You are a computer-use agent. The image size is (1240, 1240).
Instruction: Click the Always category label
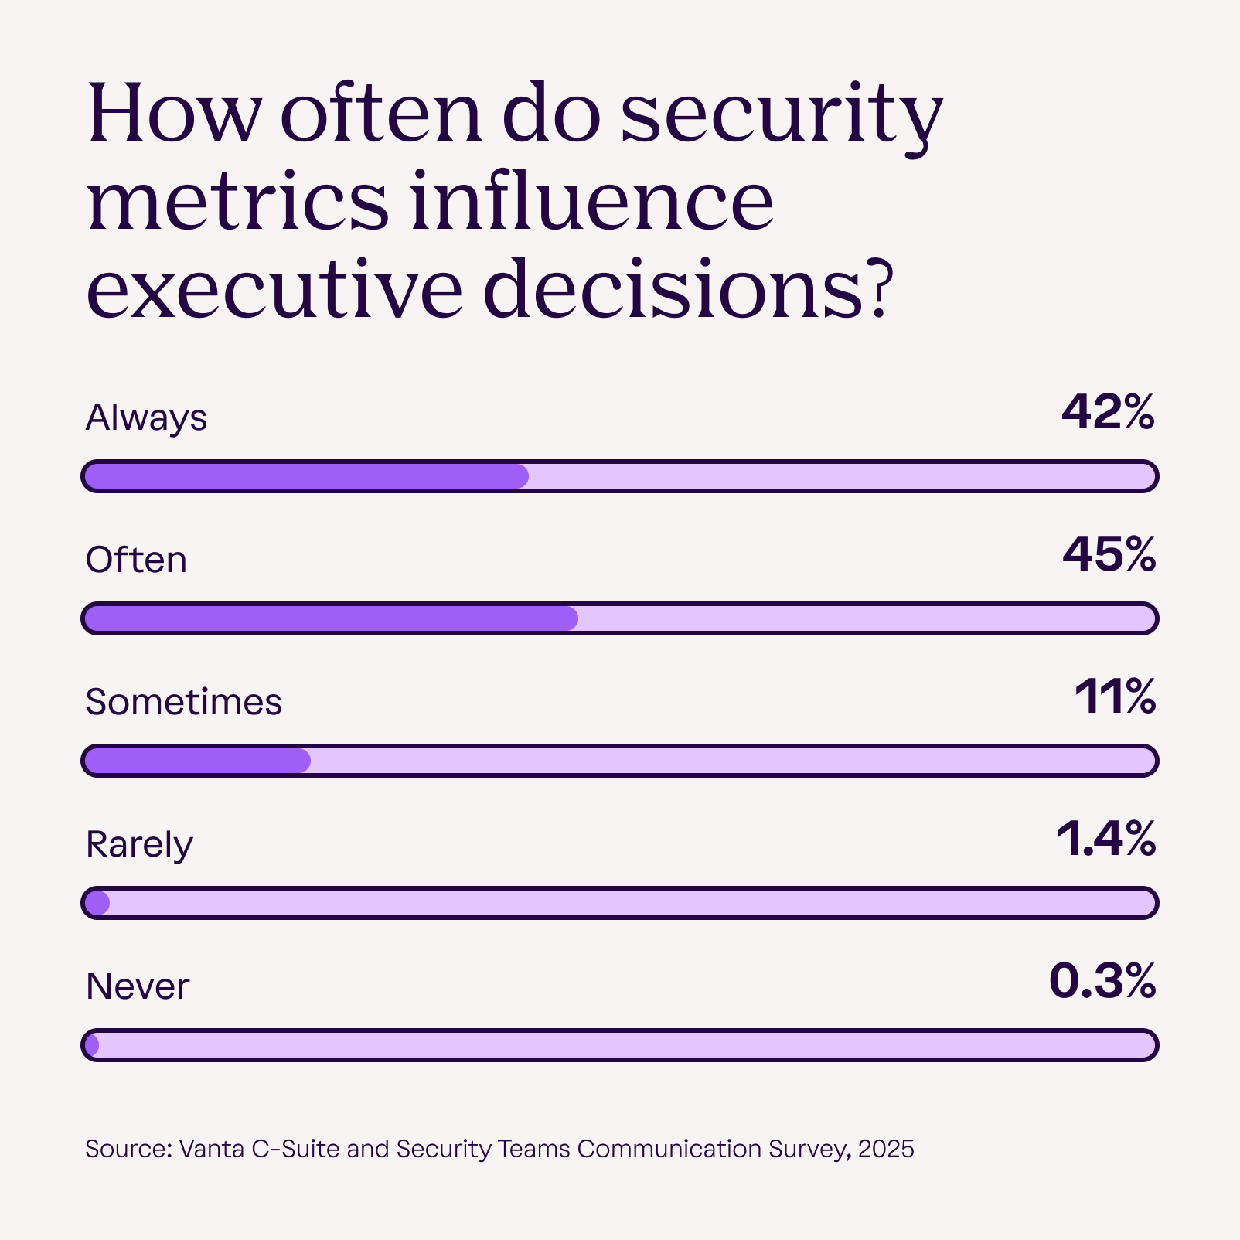coord(146,418)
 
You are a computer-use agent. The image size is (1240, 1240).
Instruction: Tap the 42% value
coord(1108,413)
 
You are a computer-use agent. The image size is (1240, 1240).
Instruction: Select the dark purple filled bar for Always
coord(306,476)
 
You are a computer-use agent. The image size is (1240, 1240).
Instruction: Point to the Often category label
coord(136,560)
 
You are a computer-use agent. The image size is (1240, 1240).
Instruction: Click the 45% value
coord(1109,555)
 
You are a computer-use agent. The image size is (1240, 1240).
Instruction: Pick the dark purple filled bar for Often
coord(331,618)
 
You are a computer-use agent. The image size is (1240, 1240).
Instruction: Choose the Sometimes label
coord(183,702)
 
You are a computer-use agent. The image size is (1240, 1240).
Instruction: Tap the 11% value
coord(1115,697)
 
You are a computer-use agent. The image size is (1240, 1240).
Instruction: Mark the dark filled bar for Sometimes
coord(197,761)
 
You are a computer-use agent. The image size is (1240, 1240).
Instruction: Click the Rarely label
coord(139,844)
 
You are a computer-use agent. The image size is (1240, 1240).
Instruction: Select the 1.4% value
coord(1105,840)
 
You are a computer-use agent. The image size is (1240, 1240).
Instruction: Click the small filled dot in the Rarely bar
coord(97,903)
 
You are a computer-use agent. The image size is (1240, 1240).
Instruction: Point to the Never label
coord(138,986)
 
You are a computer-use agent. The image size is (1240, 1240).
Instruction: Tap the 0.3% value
coord(1102,982)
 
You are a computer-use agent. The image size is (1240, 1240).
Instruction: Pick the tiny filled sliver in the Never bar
coord(92,1045)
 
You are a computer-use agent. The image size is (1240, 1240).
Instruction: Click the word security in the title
coord(781,116)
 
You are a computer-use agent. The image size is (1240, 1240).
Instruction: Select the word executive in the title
coord(274,291)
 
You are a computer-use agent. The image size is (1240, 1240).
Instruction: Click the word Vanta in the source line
coord(213,1149)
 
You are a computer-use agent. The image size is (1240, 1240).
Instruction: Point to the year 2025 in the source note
coord(886,1149)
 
